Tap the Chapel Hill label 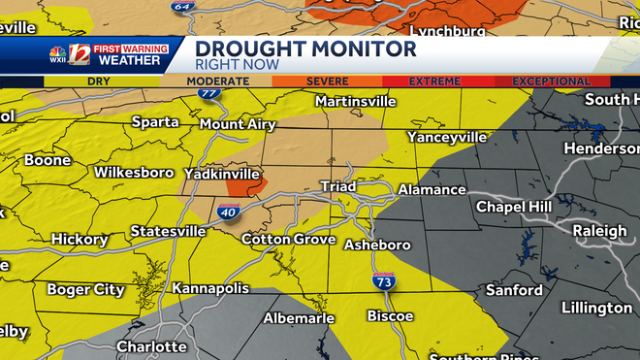514,207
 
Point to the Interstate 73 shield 383,281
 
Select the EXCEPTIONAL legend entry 551,82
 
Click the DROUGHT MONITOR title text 305,49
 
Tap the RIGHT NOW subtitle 238,65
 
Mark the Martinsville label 356,101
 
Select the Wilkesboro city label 133,172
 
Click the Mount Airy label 238,124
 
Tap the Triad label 339,185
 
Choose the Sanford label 514,290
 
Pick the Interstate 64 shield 181,5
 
